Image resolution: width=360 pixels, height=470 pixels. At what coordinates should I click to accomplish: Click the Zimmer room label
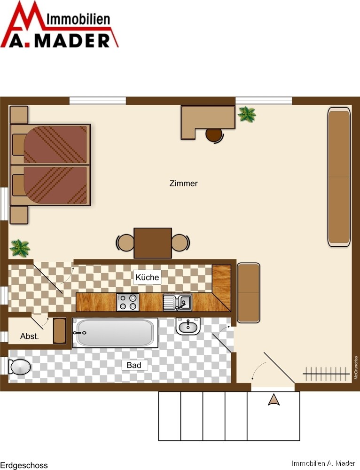(x=183, y=183)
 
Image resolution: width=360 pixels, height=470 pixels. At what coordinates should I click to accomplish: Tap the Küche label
(x=147, y=277)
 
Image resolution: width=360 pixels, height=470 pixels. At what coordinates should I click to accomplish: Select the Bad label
(x=133, y=365)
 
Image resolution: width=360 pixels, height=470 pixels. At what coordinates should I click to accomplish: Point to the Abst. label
(x=30, y=337)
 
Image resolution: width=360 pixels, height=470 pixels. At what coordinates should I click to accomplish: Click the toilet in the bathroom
(x=19, y=367)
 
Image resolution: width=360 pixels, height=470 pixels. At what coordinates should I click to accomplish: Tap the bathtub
(x=115, y=333)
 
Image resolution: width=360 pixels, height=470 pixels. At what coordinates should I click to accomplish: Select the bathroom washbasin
(x=188, y=326)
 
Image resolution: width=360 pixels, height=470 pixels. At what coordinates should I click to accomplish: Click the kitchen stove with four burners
(x=128, y=302)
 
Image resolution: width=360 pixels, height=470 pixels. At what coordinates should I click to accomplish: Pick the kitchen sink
(x=178, y=302)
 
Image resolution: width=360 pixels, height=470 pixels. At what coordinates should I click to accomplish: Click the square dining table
(x=153, y=243)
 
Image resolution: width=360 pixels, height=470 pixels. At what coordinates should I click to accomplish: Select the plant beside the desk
(x=247, y=114)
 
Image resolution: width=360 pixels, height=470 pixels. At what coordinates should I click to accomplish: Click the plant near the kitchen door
(x=20, y=248)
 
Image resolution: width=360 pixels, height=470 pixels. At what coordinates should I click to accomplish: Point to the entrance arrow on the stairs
(x=274, y=400)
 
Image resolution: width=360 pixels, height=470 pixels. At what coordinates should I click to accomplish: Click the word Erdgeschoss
(x=23, y=465)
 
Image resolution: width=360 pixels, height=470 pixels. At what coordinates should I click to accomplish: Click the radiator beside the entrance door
(x=326, y=374)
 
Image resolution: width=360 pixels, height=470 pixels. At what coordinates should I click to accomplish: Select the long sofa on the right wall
(x=339, y=177)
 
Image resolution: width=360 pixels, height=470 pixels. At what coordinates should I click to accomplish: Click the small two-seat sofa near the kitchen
(x=249, y=293)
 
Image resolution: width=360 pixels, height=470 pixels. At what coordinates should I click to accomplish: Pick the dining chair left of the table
(x=125, y=243)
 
